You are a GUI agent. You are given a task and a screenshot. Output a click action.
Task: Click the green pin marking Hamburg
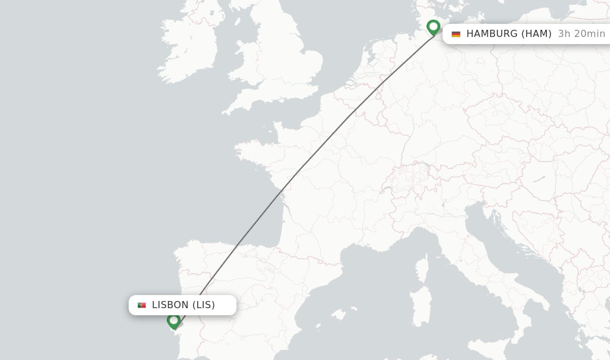pos(433,27)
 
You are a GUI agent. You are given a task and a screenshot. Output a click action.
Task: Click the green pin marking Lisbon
pos(173,321)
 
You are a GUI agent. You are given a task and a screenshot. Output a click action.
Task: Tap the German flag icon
pos(456,34)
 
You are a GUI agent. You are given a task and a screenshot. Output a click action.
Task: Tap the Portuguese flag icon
pos(142,305)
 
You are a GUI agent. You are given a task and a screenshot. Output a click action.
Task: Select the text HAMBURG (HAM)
pos(509,34)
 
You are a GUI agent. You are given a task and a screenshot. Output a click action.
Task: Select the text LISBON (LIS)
pos(183,305)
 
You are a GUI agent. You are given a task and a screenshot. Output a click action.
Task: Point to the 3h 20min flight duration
pos(581,34)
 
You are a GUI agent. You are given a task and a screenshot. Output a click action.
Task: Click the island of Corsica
pos(424,267)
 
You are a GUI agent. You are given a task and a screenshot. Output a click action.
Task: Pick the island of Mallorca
pos(339,314)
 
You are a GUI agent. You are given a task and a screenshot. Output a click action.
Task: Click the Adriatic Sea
pos(506,250)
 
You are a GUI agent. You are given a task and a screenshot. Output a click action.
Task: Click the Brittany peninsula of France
pos(253,149)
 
